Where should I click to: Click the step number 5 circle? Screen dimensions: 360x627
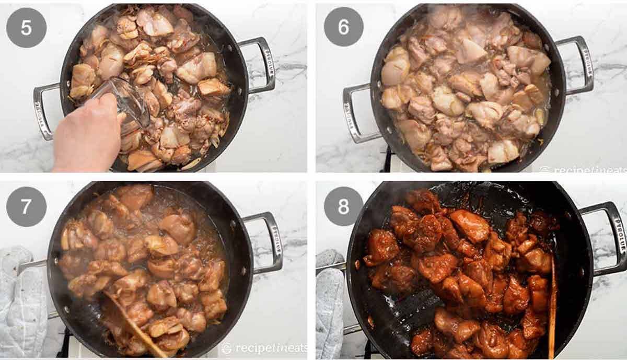click(26, 27)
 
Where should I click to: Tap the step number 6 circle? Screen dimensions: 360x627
click(343, 27)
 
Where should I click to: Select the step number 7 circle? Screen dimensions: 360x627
click(26, 206)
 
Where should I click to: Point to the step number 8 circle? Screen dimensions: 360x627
click(343, 206)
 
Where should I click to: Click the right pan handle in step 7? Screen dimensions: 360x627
click(266, 240)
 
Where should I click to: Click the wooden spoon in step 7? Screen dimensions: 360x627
click(131, 324)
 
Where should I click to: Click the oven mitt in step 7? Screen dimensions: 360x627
click(21, 303)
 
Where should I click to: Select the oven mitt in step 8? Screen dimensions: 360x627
click(329, 303)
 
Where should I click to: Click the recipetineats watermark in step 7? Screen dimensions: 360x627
click(264, 349)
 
